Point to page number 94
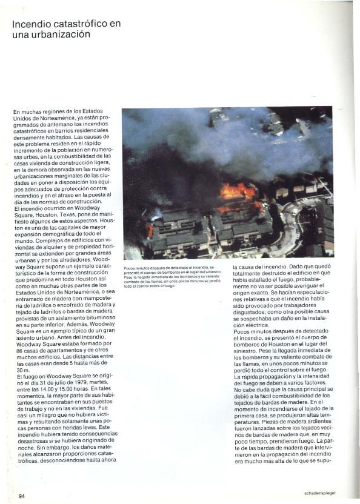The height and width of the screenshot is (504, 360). [22, 496]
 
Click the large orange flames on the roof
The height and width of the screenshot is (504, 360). [238, 191]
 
